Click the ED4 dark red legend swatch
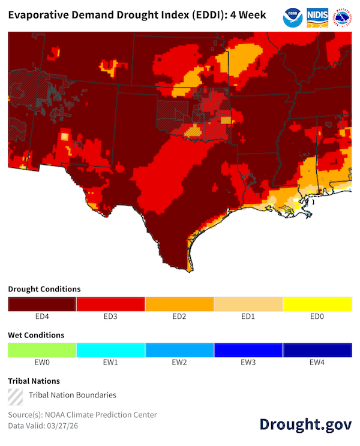click(x=42, y=304)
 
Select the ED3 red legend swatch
click(x=111, y=304)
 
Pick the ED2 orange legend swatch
click(x=179, y=304)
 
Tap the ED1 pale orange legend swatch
click(x=248, y=304)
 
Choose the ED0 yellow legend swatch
click(x=317, y=304)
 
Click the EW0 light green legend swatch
click(x=42, y=350)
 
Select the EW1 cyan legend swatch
click(x=111, y=350)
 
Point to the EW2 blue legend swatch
click(x=179, y=350)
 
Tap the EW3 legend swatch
click(x=248, y=350)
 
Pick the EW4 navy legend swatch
click(x=317, y=350)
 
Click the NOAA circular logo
click(x=293, y=17)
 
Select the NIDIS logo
click(x=316, y=17)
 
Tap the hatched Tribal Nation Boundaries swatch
click(x=16, y=395)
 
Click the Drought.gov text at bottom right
click(x=305, y=424)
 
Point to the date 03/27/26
click(x=65, y=425)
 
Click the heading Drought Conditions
click(x=44, y=289)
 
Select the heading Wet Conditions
click(x=36, y=335)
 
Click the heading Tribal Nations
click(x=34, y=381)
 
